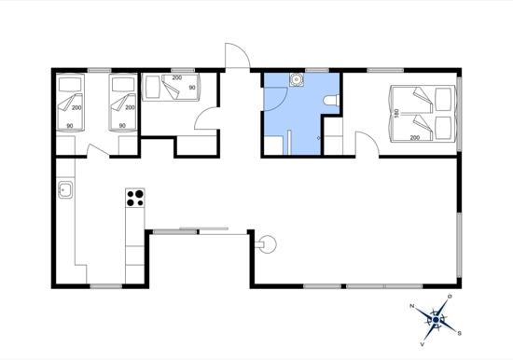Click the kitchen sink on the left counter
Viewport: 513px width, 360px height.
(66, 191)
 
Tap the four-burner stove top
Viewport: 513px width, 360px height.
(135, 198)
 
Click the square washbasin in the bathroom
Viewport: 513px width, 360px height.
(298, 80)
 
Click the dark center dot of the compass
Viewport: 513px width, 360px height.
(436, 320)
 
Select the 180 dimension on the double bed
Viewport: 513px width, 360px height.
(397, 113)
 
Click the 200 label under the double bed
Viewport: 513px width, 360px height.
(413, 138)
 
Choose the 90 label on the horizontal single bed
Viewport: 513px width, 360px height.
(192, 88)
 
